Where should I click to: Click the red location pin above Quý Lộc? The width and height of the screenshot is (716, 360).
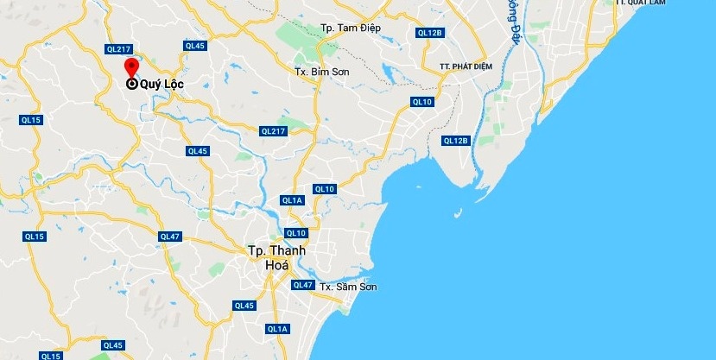click(131, 68)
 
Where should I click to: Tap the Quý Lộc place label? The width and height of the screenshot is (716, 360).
click(162, 85)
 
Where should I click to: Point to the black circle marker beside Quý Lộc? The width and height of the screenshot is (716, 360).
click(132, 85)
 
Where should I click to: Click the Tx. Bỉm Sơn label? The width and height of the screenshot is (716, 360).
click(321, 72)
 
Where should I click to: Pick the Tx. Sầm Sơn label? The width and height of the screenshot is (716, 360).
click(348, 287)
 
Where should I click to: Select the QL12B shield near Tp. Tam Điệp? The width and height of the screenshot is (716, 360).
click(429, 33)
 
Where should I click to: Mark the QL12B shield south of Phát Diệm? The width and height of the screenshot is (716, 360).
click(455, 141)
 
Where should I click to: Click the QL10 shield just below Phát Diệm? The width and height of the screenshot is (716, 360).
click(421, 102)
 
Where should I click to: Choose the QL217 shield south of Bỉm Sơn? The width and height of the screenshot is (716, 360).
click(272, 131)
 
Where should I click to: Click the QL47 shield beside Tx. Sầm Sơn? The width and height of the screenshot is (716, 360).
click(302, 285)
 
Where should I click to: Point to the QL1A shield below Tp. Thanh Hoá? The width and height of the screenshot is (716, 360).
click(277, 329)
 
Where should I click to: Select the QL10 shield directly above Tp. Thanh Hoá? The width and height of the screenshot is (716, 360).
click(296, 233)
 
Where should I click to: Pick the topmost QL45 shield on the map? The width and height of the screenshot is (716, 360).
click(194, 46)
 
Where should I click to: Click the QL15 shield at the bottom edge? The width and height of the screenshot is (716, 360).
click(51, 355)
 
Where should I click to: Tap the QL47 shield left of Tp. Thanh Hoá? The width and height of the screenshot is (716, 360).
click(169, 236)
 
